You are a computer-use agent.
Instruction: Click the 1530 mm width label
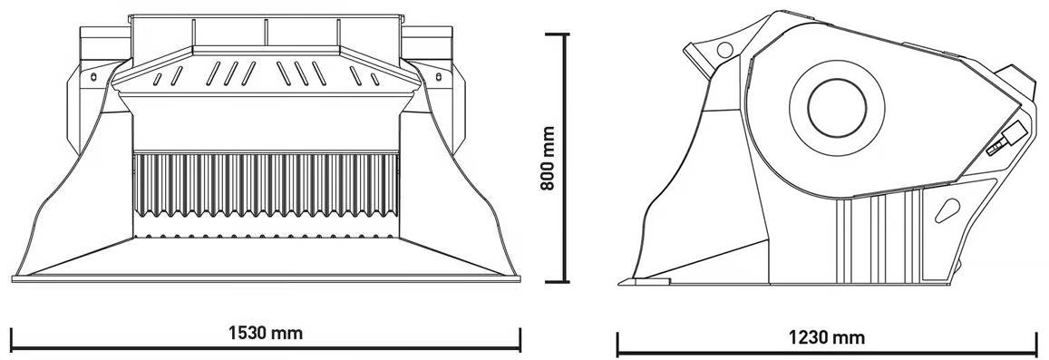[x=266, y=333]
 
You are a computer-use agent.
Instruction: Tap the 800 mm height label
[x=548, y=159]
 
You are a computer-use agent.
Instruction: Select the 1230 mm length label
[x=827, y=337]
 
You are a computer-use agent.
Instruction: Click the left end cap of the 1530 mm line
[x=12, y=339]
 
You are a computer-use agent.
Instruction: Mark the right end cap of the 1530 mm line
[x=520, y=339]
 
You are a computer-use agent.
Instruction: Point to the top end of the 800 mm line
[x=567, y=34]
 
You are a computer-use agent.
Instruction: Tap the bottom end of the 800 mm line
[x=567, y=282]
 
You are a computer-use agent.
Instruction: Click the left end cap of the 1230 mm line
[x=617, y=344]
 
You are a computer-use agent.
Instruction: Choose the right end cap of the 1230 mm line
[x=1036, y=344]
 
